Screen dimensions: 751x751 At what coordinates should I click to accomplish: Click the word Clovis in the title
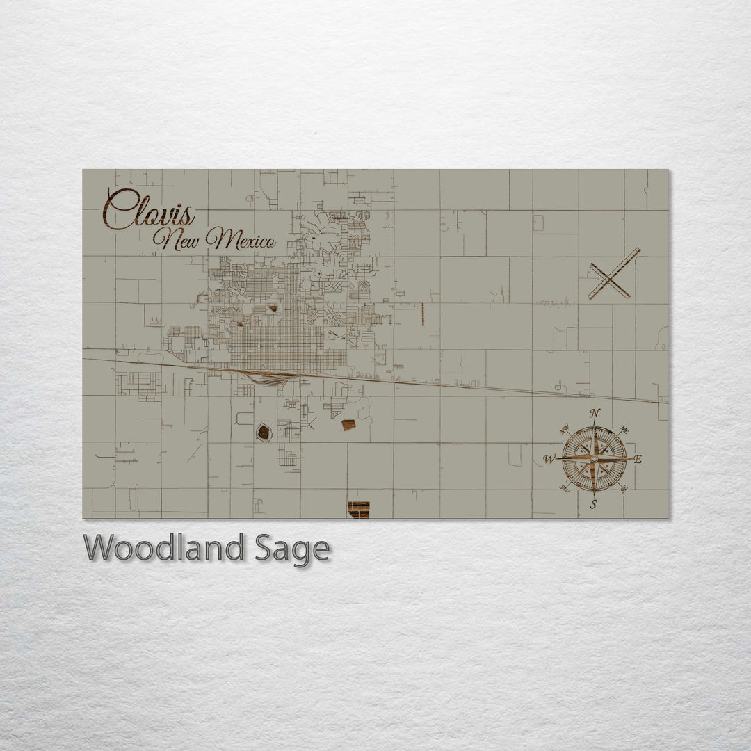click(149, 208)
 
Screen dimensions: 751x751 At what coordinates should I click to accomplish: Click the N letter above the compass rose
click(595, 414)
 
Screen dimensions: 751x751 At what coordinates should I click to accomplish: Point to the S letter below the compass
click(593, 505)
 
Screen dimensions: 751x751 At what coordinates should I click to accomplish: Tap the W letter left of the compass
click(549, 459)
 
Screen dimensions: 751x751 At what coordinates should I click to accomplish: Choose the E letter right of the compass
click(638, 459)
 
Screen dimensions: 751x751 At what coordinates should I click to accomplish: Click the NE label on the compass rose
click(624, 431)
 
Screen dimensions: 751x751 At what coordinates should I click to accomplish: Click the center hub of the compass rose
click(594, 459)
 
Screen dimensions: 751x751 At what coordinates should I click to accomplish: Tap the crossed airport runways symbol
click(613, 273)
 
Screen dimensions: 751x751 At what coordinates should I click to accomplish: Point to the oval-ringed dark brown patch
click(264, 433)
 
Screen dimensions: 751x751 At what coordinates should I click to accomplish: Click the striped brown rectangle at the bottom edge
click(359, 510)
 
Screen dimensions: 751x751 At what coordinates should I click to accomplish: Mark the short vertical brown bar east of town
click(423, 314)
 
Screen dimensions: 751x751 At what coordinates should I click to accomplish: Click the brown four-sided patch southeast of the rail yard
click(348, 425)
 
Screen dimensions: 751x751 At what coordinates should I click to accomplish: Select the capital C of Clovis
click(120, 208)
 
